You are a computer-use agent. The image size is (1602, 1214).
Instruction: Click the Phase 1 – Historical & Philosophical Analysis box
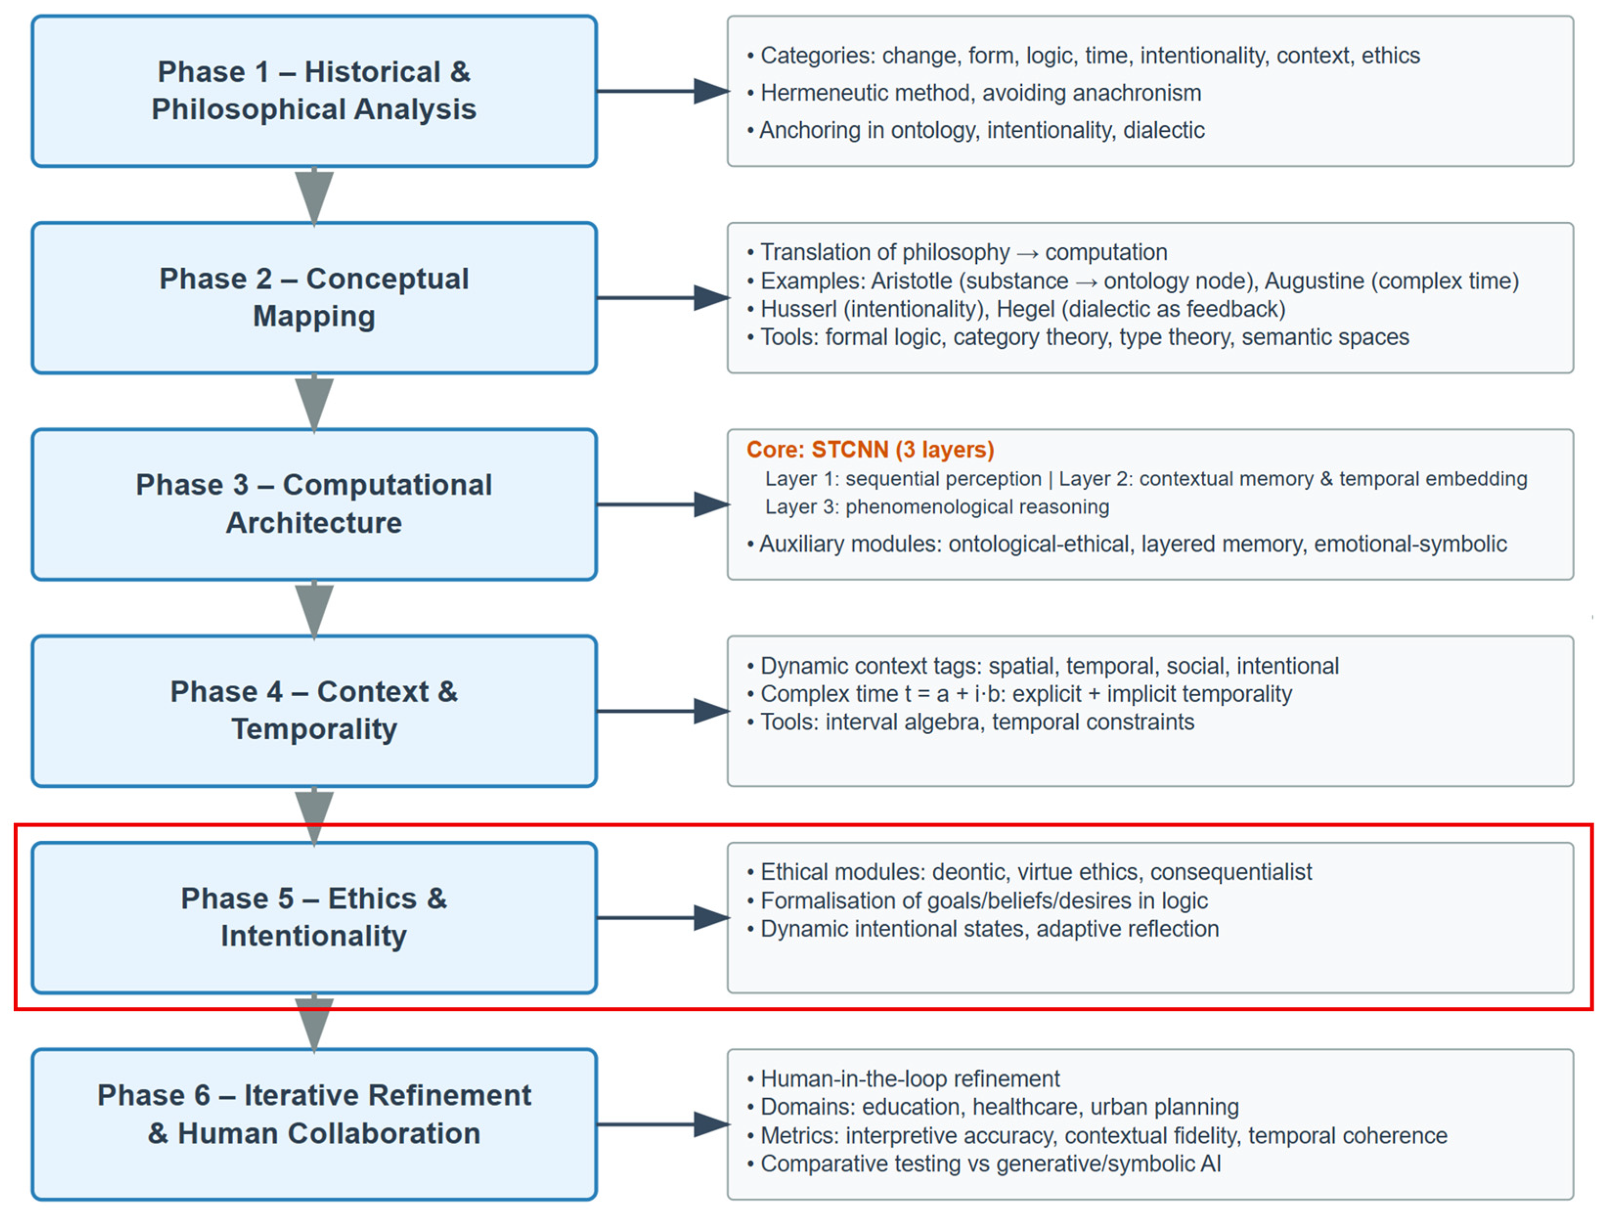313,91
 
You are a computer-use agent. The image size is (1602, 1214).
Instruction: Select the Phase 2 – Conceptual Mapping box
313,298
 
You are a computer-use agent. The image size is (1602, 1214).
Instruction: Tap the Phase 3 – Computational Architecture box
313,504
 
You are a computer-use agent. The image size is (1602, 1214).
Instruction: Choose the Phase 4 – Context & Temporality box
313,710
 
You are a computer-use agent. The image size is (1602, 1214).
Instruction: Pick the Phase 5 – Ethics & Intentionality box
313,917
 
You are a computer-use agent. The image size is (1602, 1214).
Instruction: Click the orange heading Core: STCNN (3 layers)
870,449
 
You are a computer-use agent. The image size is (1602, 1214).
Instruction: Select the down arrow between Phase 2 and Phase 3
313,403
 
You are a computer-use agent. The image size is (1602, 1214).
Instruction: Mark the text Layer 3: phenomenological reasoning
937,507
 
